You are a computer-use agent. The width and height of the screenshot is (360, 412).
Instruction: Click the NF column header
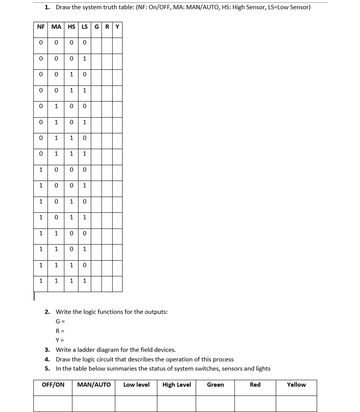(x=41, y=27)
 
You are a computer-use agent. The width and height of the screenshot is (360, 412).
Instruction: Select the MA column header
(x=56, y=27)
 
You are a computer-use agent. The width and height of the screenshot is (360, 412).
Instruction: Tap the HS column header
(x=71, y=27)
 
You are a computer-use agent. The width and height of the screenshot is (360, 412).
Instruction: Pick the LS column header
(x=84, y=27)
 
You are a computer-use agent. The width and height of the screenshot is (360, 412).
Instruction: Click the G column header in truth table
(x=97, y=27)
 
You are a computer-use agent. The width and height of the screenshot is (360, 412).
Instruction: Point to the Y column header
(x=117, y=27)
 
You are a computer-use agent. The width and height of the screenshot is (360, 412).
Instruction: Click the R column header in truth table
(x=107, y=27)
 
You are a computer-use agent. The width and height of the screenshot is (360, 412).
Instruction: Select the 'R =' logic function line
(x=60, y=331)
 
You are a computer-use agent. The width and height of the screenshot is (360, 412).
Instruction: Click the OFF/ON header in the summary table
(x=53, y=385)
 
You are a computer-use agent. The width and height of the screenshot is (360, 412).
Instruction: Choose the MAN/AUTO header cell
(x=94, y=385)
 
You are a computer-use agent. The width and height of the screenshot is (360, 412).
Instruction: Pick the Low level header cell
(x=136, y=385)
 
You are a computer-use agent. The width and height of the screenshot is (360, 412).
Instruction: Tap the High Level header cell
(x=177, y=385)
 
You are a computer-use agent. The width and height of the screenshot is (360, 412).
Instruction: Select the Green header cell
(x=215, y=385)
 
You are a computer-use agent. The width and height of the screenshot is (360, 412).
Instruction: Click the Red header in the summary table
(x=255, y=385)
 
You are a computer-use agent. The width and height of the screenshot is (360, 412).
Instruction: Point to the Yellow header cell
(x=296, y=385)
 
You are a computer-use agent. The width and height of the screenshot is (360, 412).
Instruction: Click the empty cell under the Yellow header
(x=296, y=403)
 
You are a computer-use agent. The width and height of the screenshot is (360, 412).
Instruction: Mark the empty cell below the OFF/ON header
(x=53, y=403)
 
